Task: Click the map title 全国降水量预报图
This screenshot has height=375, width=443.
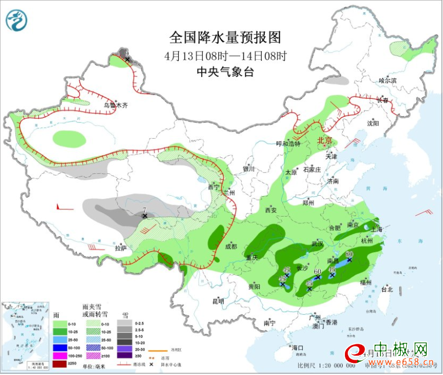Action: [x=225, y=37]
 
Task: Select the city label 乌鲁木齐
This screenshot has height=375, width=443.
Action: [x=115, y=105]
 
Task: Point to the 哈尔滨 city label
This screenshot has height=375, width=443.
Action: [x=387, y=80]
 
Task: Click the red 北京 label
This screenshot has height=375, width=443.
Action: [x=325, y=140]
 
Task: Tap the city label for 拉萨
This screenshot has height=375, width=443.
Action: [x=121, y=248]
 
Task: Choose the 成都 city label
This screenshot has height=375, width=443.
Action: [x=231, y=246]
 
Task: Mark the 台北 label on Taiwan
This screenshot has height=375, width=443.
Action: [x=387, y=289]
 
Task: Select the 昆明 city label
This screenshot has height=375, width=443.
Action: [x=218, y=301]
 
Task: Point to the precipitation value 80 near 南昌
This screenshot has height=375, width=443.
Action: [x=349, y=254]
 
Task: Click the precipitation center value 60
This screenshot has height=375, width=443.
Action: [x=317, y=271]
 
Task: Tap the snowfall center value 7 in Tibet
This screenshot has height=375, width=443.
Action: [x=144, y=210]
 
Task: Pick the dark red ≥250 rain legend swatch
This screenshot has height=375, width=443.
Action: [x=59, y=363]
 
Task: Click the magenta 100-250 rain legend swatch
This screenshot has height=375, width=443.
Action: [x=59, y=356]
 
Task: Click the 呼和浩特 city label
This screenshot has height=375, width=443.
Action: [x=288, y=144]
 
